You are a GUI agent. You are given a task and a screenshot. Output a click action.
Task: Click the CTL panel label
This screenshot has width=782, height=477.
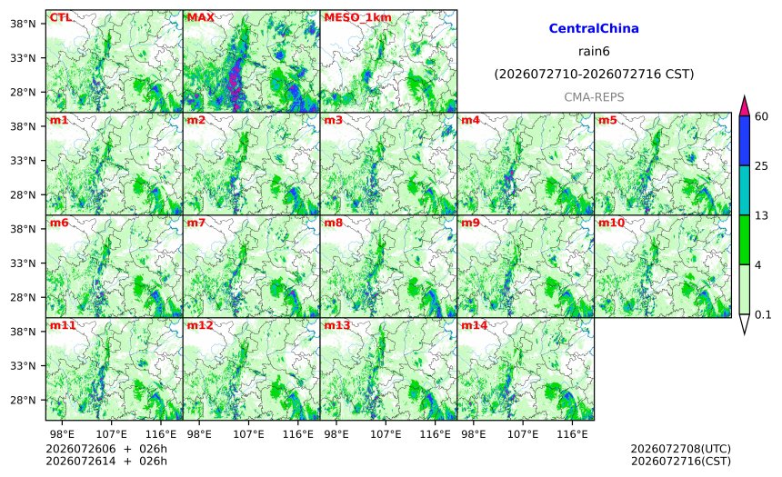60,17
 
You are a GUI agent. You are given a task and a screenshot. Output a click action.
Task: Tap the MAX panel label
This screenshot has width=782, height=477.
200,17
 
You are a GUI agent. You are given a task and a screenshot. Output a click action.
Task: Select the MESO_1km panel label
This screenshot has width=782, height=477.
357,18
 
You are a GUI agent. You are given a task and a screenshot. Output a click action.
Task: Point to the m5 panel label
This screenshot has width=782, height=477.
607,120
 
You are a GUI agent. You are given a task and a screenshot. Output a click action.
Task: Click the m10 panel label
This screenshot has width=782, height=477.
611,223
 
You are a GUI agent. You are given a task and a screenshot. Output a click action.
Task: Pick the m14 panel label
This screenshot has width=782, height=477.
474,325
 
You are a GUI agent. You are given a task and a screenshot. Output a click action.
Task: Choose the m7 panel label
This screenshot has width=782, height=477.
196,223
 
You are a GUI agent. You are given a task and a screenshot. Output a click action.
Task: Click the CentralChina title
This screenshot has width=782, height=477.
594,28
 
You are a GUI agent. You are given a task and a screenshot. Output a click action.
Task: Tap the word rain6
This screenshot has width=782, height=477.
594,52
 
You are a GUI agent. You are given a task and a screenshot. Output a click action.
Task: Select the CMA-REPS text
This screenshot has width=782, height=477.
594,97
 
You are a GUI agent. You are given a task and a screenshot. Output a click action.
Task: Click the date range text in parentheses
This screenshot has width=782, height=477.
594,75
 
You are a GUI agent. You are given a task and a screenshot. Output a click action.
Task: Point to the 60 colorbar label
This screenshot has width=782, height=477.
761,116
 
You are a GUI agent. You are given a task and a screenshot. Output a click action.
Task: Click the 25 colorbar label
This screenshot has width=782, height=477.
761,166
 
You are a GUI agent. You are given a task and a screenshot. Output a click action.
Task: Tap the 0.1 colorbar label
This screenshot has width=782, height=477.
763,314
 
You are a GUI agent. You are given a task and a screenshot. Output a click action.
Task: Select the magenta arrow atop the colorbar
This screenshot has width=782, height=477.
744,106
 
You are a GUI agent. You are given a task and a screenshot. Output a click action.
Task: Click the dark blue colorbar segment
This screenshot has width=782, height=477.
744,141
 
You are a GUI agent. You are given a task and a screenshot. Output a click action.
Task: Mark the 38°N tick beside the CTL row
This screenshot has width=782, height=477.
23,24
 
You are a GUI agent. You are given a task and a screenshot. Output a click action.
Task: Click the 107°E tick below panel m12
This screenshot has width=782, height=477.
248,434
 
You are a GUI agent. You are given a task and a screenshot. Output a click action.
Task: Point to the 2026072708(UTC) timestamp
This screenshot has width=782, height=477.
681,449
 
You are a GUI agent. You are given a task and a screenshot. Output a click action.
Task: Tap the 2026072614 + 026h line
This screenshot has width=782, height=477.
106,461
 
